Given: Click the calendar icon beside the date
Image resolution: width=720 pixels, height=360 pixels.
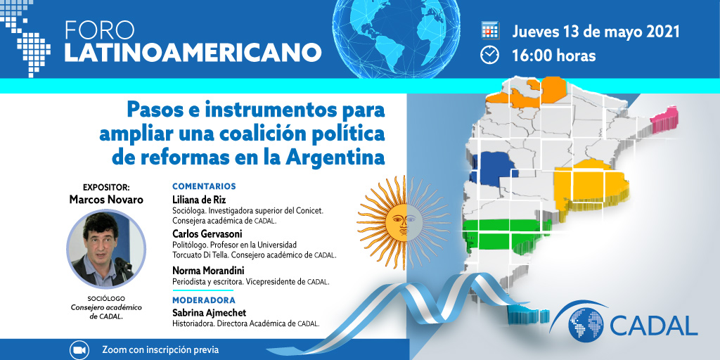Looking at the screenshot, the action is (x=490, y=30).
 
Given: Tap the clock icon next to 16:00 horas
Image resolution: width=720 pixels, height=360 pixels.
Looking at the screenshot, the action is (x=489, y=55).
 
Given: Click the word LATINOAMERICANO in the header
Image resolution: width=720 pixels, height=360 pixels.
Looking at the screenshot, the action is (x=193, y=52).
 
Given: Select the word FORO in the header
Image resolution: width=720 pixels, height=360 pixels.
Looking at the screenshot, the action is (x=100, y=30).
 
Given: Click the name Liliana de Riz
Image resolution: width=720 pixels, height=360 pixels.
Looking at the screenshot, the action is (x=199, y=200).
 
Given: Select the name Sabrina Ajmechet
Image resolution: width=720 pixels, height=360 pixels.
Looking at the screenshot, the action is (x=209, y=313).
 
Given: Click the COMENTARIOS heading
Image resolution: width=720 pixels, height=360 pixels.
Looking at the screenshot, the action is (x=204, y=186).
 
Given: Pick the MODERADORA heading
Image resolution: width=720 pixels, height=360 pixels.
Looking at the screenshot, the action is (x=204, y=300).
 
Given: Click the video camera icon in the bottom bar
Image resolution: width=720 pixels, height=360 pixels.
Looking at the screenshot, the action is (x=79, y=350).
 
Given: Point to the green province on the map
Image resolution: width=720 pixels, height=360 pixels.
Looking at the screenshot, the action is (x=505, y=234).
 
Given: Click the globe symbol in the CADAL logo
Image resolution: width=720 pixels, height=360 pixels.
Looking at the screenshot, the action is (x=586, y=324).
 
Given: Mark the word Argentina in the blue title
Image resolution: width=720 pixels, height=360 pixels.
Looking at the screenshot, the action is (x=335, y=157).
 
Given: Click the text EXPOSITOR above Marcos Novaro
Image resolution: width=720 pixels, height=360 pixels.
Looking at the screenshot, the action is (x=107, y=187).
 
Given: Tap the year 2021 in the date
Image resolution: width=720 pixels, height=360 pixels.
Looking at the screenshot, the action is (x=662, y=32).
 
